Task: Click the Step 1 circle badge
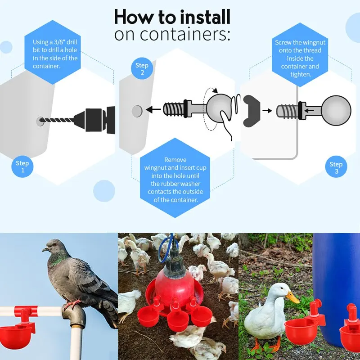(22, 166)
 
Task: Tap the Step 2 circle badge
(142, 69)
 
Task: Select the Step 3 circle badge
(336, 167)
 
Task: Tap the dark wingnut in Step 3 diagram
(252, 110)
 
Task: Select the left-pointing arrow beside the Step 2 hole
(155, 109)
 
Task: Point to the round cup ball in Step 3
(335, 110)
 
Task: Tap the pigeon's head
(52, 247)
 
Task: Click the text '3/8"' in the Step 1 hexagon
(62, 42)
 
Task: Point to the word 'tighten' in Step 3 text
(300, 74)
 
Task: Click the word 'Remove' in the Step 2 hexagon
(175, 160)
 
